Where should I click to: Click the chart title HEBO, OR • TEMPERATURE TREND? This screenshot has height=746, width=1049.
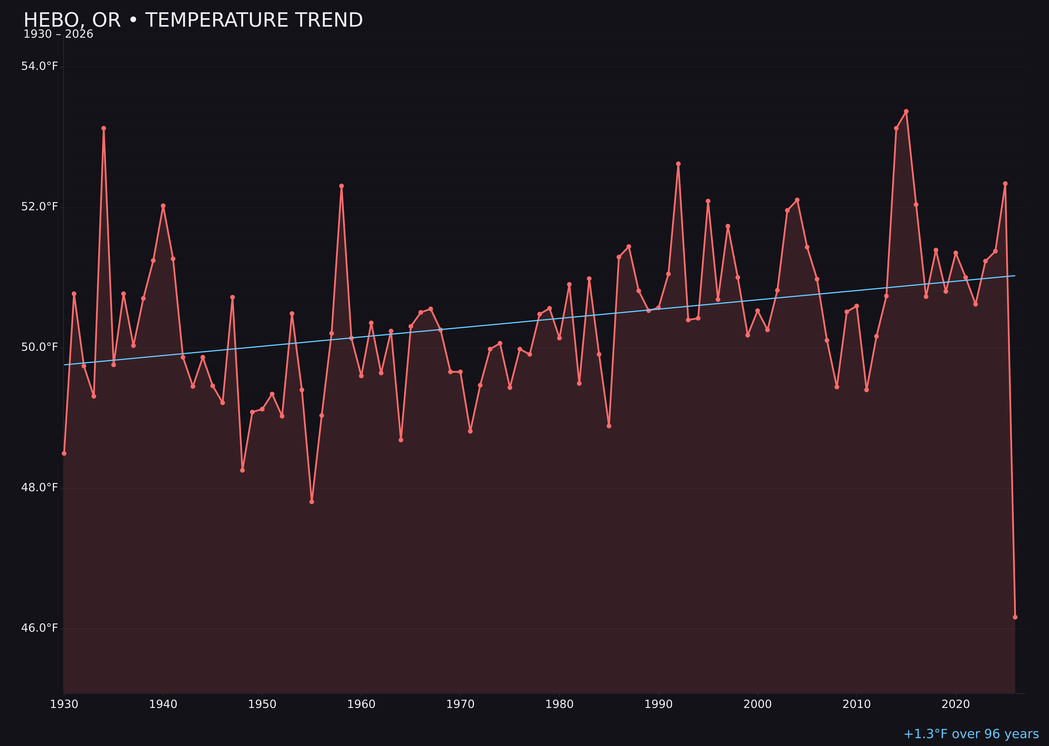(193, 20)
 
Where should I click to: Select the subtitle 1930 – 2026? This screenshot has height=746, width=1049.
(58, 34)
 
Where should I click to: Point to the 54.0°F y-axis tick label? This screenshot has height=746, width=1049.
(40, 66)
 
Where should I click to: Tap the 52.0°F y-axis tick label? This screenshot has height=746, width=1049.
(40, 207)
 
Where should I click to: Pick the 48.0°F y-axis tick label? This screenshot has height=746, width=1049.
(40, 487)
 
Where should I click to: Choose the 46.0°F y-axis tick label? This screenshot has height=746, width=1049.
(40, 628)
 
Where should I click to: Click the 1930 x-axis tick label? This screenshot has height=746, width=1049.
(64, 704)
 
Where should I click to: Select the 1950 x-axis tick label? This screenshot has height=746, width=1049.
(262, 704)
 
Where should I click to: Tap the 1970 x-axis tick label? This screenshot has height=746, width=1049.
(460, 704)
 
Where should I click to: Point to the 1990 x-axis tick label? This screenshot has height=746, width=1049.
(659, 704)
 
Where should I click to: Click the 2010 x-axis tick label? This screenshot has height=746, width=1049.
(857, 704)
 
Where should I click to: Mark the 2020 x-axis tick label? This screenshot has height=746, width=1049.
(956, 704)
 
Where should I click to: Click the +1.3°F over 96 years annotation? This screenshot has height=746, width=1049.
(971, 734)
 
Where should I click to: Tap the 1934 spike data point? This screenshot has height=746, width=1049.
(104, 128)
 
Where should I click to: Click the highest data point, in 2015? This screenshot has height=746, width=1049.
(906, 111)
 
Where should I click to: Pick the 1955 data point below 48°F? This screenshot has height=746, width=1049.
(312, 502)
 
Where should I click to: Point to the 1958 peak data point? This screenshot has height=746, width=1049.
(341, 186)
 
